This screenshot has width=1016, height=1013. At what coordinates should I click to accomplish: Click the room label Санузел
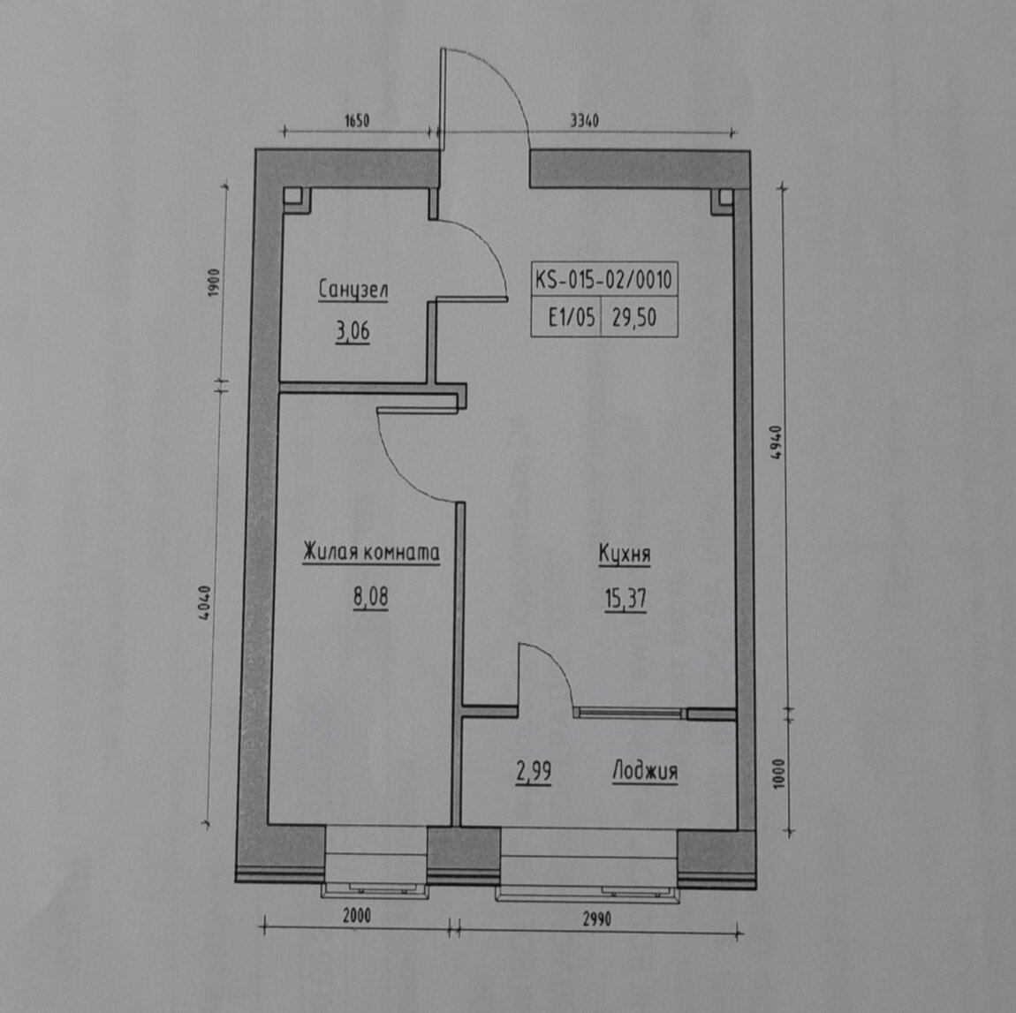[353, 291]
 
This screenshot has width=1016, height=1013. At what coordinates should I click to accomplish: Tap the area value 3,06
[353, 331]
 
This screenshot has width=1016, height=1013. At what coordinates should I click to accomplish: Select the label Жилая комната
[371, 553]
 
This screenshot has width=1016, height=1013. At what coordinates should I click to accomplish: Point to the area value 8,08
[371, 596]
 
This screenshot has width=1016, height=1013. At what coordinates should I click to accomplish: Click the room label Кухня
[625, 555]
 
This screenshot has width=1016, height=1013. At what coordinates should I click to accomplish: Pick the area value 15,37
[626, 599]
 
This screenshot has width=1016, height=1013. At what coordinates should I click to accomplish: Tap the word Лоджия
[645, 771]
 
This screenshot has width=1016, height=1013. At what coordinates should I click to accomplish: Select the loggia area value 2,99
[534, 771]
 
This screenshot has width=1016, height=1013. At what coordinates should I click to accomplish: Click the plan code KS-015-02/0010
[604, 280]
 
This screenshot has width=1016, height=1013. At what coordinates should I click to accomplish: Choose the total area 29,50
[633, 317]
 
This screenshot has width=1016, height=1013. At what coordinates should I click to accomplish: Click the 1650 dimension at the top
[356, 120]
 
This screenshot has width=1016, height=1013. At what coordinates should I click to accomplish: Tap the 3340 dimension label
[584, 120]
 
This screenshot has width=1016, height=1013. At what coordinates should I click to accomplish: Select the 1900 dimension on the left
[215, 283]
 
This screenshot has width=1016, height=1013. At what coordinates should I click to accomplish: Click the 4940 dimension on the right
[777, 442]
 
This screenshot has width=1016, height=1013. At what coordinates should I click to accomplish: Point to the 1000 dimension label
[779, 774]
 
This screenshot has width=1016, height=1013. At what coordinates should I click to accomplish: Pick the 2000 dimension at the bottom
[356, 915]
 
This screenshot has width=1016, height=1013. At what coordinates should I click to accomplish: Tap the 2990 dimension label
[596, 919]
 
